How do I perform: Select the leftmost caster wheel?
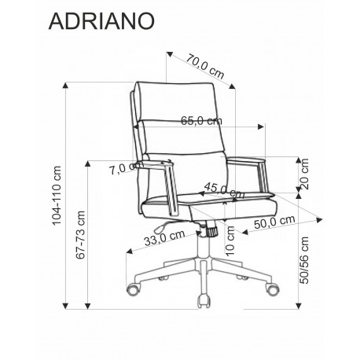[x=132, y=290]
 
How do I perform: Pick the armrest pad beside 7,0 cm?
[x=155, y=165]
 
